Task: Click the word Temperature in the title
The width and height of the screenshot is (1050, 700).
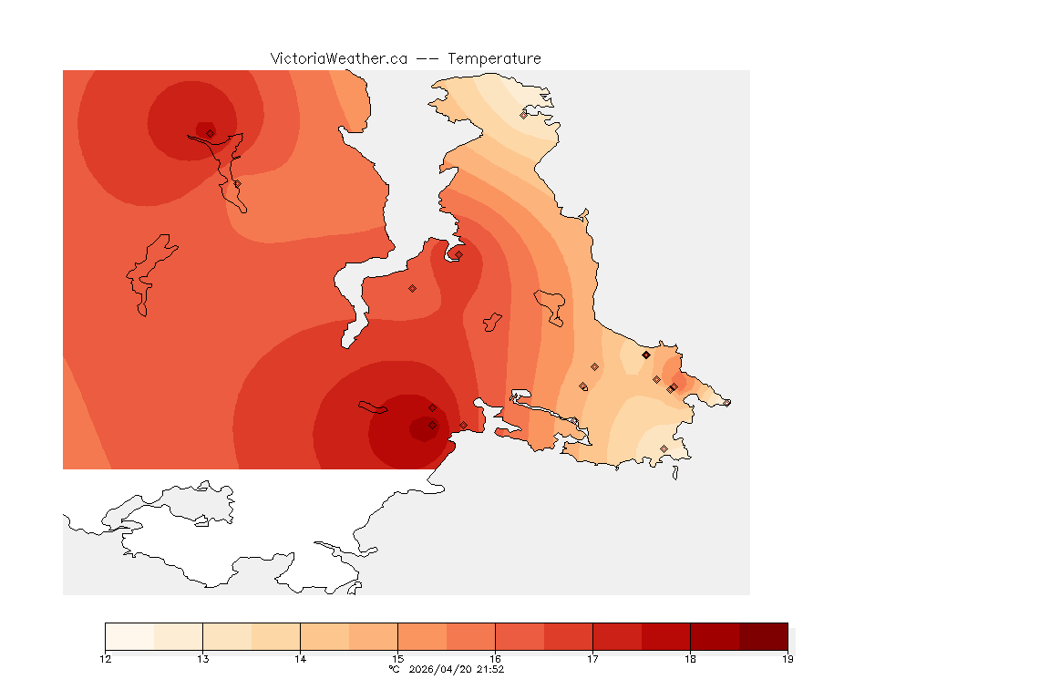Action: click(x=494, y=58)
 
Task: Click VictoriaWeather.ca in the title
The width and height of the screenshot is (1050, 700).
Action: click(x=338, y=58)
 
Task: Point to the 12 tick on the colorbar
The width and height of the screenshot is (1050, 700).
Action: click(x=106, y=659)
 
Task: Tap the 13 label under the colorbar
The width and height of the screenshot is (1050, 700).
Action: click(x=202, y=659)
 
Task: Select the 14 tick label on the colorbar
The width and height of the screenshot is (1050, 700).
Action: click(x=300, y=659)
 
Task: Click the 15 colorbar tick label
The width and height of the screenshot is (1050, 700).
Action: click(x=397, y=659)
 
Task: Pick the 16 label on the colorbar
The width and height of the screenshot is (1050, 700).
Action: click(x=495, y=659)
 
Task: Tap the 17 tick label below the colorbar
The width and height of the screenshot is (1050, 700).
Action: click(x=592, y=659)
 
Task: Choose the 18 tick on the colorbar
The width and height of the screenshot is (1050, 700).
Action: click(x=690, y=659)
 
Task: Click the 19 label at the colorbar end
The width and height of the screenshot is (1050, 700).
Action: click(x=787, y=659)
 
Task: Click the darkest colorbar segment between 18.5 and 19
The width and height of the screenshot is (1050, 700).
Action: click(x=763, y=636)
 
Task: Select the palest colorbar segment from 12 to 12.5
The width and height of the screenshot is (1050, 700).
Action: click(x=129, y=636)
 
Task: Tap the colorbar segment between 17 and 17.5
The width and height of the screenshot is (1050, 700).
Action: click(x=617, y=636)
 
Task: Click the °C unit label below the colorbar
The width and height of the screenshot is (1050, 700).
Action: click(x=394, y=669)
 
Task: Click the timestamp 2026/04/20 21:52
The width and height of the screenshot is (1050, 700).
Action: click(x=458, y=669)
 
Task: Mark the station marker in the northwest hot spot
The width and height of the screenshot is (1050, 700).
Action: click(x=211, y=133)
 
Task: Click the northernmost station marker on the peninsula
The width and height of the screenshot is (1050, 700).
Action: click(x=524, y=115)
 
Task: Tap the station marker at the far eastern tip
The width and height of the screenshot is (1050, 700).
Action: click(x=726, y=403)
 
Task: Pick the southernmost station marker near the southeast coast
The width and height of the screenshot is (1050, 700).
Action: click(x=664, y=448)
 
